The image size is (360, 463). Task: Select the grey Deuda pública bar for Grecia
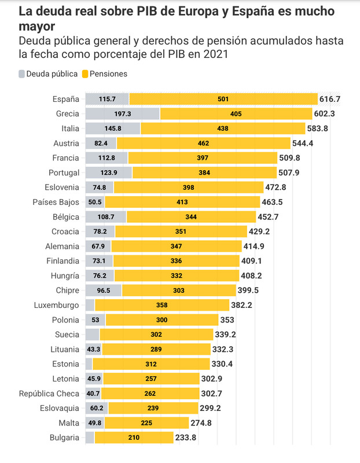point(123,114)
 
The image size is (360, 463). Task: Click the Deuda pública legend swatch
point(23,74)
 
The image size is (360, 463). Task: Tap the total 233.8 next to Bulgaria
point(185,438)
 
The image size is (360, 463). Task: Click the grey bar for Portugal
point(109,172)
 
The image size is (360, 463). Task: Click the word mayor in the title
point(37,27)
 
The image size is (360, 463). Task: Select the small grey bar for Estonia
point(89,364)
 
